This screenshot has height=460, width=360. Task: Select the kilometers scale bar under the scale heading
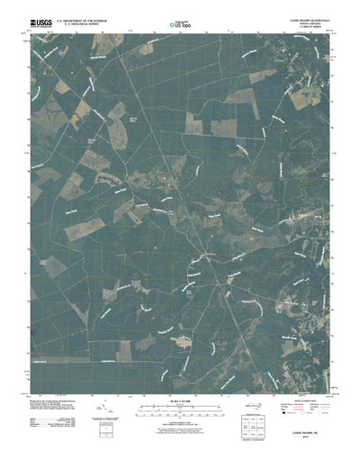[180, 420]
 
